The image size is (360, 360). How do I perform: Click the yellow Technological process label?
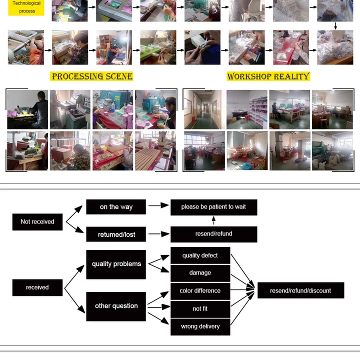click(26, 7)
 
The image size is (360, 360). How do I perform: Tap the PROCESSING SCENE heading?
click(92, 76)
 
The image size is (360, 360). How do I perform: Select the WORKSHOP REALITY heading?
click(268, 76)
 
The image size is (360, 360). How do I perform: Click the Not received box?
click(37, 221)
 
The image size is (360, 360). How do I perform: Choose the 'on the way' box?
click(116, 207)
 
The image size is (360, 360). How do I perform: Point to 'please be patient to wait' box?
click(213, 207)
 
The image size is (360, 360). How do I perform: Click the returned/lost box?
click(116, 234)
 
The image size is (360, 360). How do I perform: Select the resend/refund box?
click(213, 234)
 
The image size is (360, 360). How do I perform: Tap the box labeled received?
click(37, 287)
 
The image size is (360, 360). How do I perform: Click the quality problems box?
click(116, 264)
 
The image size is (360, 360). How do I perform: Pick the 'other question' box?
click(116, 306)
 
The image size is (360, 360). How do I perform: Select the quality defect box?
click(200, 255)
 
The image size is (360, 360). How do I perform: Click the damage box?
click(200, 273)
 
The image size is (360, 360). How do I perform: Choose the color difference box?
click(200, 291)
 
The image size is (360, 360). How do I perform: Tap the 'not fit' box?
click(200, 309)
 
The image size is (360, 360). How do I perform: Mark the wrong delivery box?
click(200, 326)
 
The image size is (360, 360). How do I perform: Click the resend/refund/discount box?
click(300, 290)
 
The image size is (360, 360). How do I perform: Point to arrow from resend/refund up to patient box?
click(213, 220)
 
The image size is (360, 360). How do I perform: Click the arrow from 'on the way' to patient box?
click(158, 205)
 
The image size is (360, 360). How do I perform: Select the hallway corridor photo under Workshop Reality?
click(202, 109)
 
